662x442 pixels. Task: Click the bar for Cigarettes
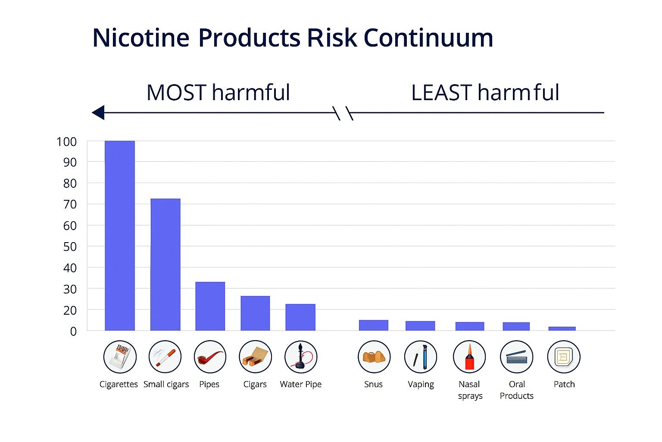coord(120,236)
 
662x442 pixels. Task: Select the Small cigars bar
coord(165,265)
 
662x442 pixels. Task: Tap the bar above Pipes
coord(210,306)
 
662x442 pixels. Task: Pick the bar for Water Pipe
coord(300,317)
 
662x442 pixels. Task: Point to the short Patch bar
coord(562,328)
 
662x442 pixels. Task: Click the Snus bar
coord(373,325)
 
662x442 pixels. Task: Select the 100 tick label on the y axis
coord(66,142)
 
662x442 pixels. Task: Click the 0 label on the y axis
coord(73,331)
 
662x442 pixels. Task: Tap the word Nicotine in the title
coord(141,38)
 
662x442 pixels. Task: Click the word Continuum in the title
coord(428,38)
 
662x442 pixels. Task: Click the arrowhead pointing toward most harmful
coord(99,113)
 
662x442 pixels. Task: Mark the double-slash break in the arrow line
coord(344,113)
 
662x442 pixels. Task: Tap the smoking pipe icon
coord(210,357)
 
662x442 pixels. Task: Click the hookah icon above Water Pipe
coord(300,357)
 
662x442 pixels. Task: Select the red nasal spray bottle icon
coord(469,357)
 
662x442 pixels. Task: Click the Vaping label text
coord(421,384)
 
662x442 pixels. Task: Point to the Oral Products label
coord(516,390)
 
